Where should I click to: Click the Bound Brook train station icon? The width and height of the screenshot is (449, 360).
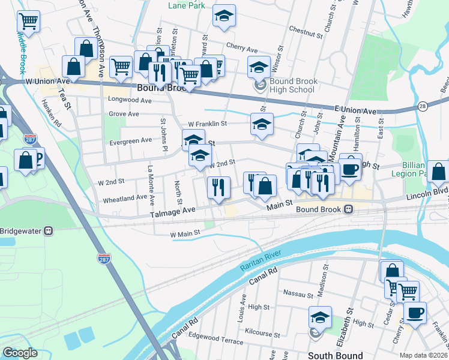[x=348, y=209]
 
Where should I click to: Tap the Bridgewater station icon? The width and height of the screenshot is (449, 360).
[x=50, y=230]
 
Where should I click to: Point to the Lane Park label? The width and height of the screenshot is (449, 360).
[x=187, y=5]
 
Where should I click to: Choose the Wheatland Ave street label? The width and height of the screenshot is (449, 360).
[x=125, y=197]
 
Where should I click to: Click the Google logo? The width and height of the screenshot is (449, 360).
[x=20, y=353]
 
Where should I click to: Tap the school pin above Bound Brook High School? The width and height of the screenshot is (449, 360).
[x=259, y=67]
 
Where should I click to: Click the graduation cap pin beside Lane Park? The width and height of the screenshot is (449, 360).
[x=224, y=16]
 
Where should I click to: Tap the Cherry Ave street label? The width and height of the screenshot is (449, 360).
[x=242, y=47]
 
